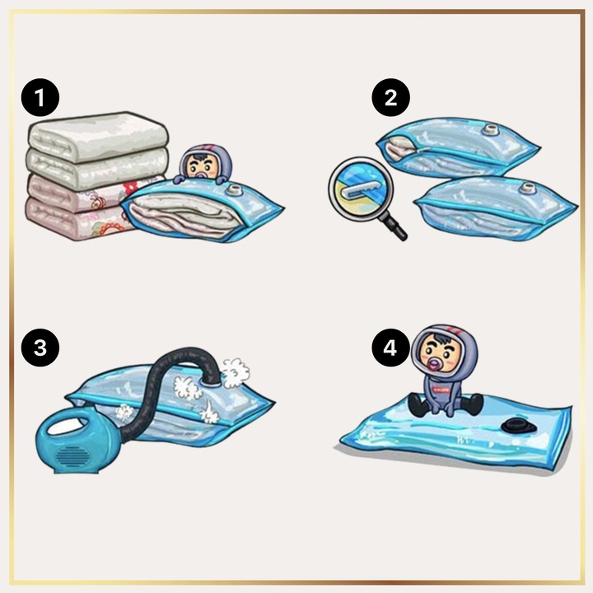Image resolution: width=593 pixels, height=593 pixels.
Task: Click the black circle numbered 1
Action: click(x=40, y=97)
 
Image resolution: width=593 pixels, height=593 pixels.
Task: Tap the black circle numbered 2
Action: click(x=390, y=97)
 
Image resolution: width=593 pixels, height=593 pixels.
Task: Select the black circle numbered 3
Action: click(x=40, y=348)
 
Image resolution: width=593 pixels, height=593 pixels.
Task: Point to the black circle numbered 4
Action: click(x=390, y=348)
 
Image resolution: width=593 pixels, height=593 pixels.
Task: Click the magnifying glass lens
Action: click(x=361, y=189)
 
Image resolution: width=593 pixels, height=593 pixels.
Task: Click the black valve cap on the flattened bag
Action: click(x=519, y=426)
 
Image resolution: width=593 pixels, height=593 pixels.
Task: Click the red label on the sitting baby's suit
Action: click(x=441, y=389)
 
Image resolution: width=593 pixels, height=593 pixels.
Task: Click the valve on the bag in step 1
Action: click(x=235, y=189)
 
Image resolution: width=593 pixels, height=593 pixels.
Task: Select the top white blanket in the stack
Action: click(x=97, y=136)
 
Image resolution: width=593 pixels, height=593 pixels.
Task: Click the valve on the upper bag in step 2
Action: click(x=492, y=130)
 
